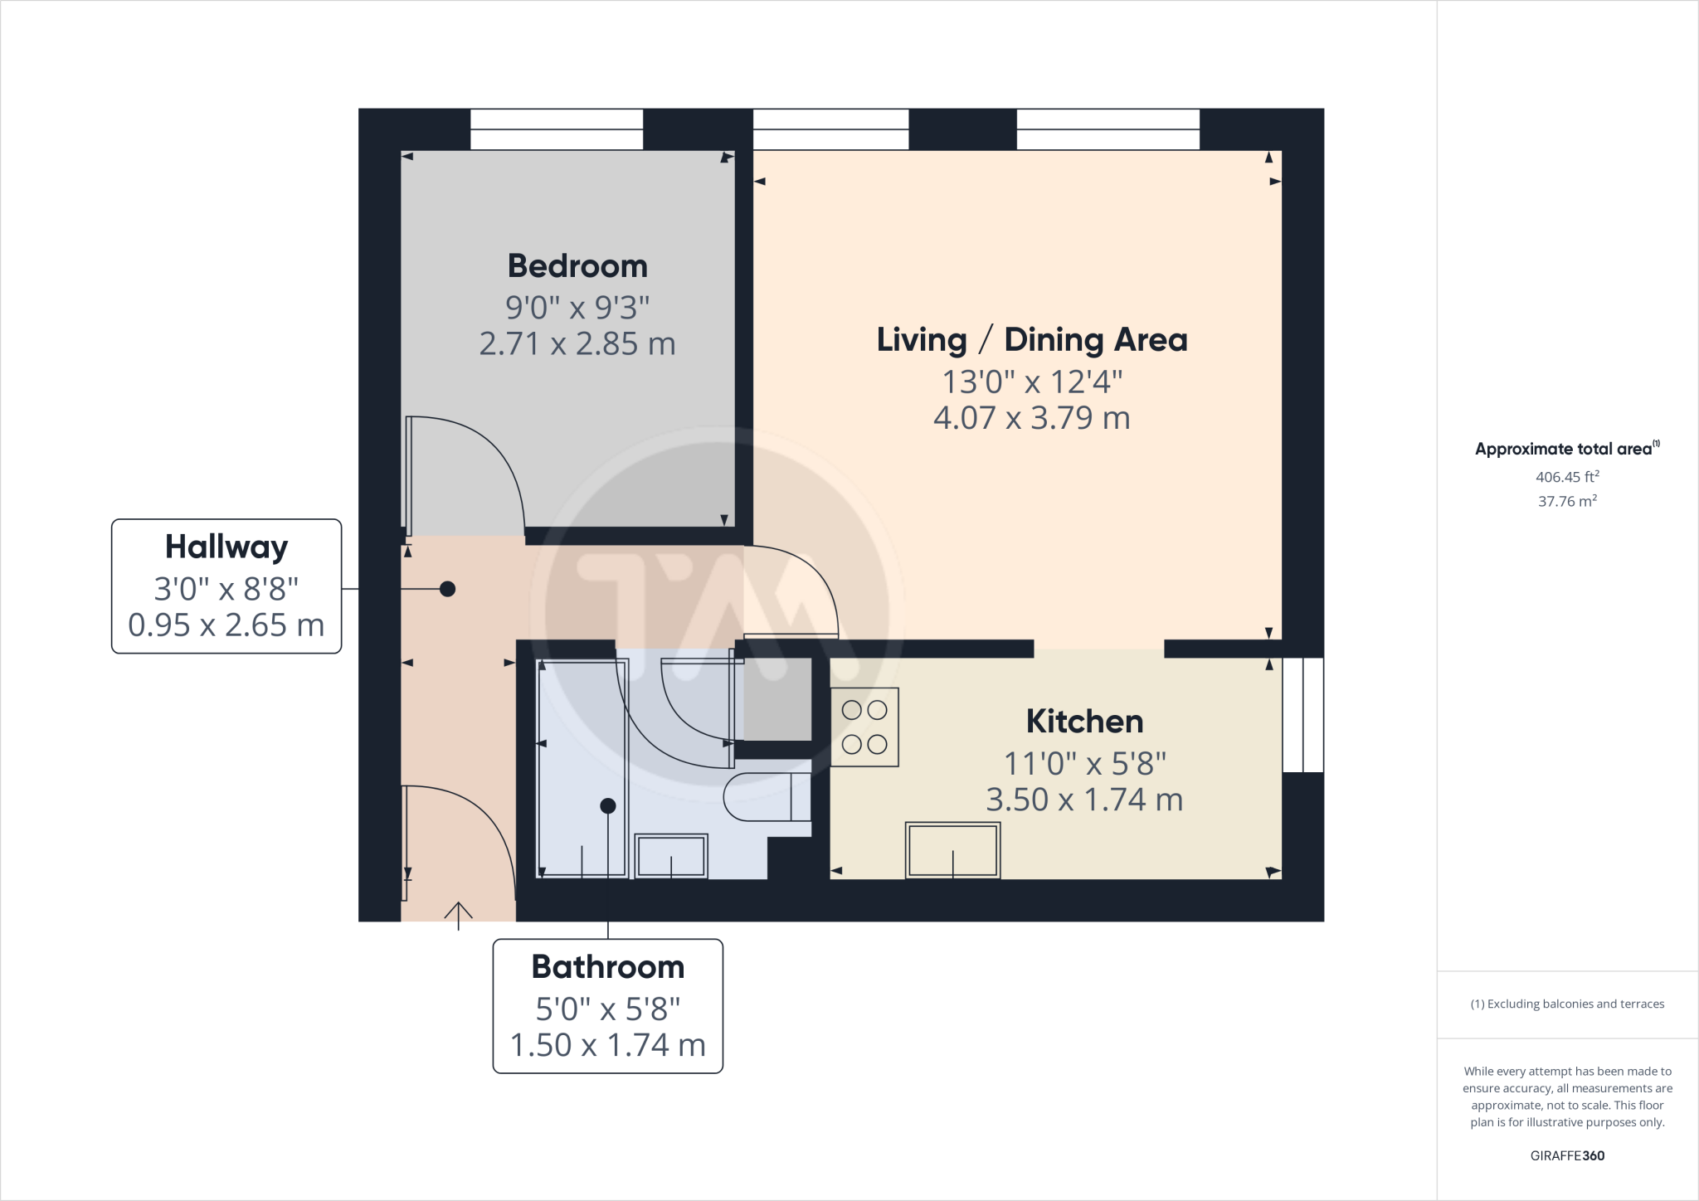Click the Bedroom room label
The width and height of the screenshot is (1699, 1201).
pos(577,266)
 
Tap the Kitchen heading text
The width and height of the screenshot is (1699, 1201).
pos(1084,722)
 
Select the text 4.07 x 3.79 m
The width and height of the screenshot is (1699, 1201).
pos(1031,418)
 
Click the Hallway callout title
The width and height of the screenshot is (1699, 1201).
pos(226,547)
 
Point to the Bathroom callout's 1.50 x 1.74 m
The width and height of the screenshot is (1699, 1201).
pos(607,1045)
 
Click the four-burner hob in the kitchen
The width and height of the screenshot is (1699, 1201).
pos(864,727)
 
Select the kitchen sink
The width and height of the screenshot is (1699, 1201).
pos(952,850)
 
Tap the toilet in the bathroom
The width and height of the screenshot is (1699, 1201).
pos(765,796)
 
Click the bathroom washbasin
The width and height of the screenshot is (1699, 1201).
pos(671,856)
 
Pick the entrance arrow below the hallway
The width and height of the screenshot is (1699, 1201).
pos(458,914)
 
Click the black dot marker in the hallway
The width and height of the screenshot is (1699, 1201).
pos(447,589)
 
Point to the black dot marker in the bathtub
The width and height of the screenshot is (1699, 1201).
pos(607,805)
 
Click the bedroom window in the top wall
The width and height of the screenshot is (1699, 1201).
pos(557,129)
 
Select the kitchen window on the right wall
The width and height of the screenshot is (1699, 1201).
pos(1302,715)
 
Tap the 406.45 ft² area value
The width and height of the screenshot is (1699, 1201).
pos(1566,477)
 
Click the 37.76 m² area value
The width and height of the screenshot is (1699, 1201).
pos(1566,501)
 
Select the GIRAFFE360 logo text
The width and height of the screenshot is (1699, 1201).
pos(1566,1155)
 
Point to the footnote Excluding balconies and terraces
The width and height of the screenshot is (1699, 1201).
pos(1566,1004)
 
